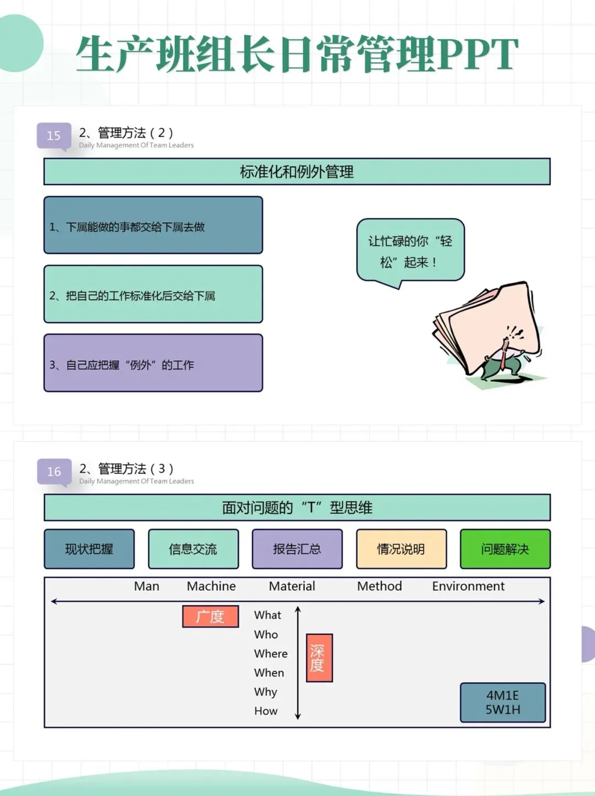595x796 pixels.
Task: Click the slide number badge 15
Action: pos(54,136)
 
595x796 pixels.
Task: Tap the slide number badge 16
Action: pos(54,472)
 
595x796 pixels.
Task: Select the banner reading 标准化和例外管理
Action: pos(297,172)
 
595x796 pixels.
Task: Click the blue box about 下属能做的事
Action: pos(153,225)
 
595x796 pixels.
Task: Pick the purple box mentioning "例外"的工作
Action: pos(153,363)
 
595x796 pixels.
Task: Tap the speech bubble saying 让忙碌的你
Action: pos(410,251)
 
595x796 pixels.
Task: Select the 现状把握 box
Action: pos(89,549)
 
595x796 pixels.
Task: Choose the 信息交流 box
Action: pos(193,549)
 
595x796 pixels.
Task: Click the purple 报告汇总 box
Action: pos(297,549)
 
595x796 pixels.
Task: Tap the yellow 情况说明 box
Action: pos(401,549)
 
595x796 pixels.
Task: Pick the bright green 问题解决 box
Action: pos(505,549)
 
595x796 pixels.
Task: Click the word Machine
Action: pos(211,586)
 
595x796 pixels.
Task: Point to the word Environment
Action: pos(468,586)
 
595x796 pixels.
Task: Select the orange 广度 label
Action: pos(210,616)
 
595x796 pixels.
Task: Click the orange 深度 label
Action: pos(319,658)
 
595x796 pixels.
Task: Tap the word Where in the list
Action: pos(271,654)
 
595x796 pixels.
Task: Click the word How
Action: pos(266,711)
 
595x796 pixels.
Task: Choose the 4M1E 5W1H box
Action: pos(502,702)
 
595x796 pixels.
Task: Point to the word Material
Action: pos(292,586)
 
